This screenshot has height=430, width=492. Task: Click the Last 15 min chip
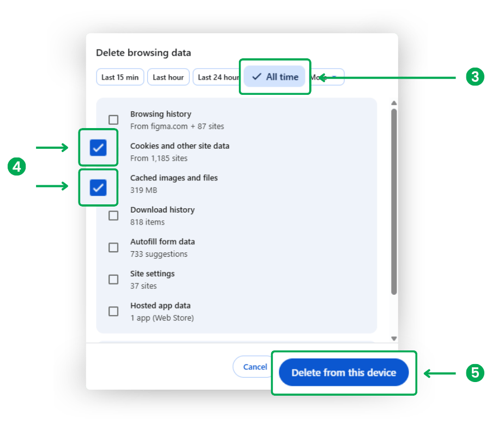(120, 77)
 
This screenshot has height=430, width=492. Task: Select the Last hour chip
(168, 77)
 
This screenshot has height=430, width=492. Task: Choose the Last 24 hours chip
(217, 77)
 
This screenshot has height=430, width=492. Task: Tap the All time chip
(275, 77)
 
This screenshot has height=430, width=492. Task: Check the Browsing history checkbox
(113, 119)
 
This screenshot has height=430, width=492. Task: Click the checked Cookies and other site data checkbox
(98, 147)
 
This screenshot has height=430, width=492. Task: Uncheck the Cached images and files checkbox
(98, 187)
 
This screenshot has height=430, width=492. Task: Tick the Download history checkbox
(113, 215)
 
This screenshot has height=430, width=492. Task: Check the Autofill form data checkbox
(113, 247)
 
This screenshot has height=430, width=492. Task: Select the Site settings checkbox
(113, 279)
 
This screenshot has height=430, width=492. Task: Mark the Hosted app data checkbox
(113, 311)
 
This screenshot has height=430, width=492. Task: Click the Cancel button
(254, 367)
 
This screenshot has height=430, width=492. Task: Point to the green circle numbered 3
(475, 77)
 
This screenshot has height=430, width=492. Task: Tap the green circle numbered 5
(475, 373)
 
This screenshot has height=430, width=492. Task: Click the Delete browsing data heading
(143, 53)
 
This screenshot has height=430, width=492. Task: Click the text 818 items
(147, 222)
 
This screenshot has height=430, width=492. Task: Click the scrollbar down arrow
(394, 338)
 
